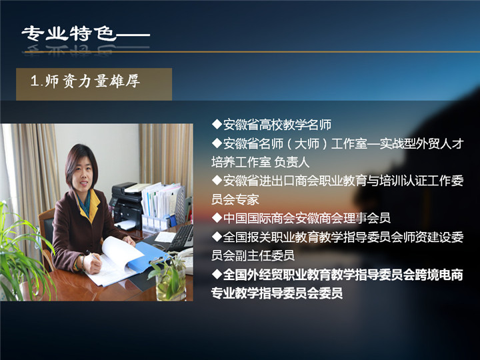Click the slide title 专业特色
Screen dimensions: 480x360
[x=69, y=33]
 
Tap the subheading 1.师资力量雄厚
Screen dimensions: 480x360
[x=85, y=81]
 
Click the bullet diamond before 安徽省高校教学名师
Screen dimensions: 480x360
[x=217, y=124]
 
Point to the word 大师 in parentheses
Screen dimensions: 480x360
[x=307, y=143]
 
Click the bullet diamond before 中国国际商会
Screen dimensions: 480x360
[x=217, y=218]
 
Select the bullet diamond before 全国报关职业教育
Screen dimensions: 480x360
[x=217, y=237]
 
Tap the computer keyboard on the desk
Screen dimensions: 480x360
[x=181, y=238]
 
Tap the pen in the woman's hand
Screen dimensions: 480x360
[x=93, y=255]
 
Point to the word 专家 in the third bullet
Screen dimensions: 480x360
[x=247, y=200]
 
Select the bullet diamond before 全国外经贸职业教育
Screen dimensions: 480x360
[x=217, y=274]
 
